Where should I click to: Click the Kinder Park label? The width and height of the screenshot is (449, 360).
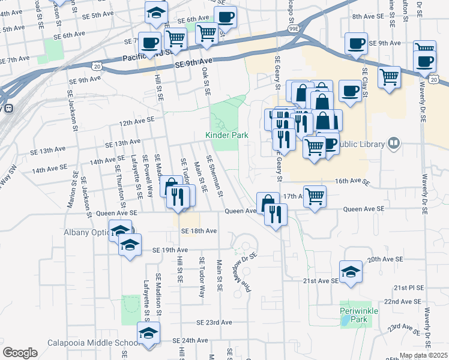(x=227, y=136)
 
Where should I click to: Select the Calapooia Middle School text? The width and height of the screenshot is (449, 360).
(x=94, y=343)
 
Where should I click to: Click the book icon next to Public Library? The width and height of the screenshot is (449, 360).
(x=394, y=143)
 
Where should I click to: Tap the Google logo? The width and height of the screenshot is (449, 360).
(x=20, y=353)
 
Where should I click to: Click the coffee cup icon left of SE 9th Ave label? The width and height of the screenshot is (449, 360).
(x=356, y=43)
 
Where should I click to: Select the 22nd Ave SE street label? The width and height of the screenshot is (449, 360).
(x=400, y=301)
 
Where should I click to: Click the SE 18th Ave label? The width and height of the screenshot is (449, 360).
(x=198, y=231)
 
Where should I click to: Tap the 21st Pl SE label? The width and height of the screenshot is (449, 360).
(x=409, y=288)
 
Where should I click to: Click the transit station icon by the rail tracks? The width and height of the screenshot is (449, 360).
(x=9, y=109)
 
